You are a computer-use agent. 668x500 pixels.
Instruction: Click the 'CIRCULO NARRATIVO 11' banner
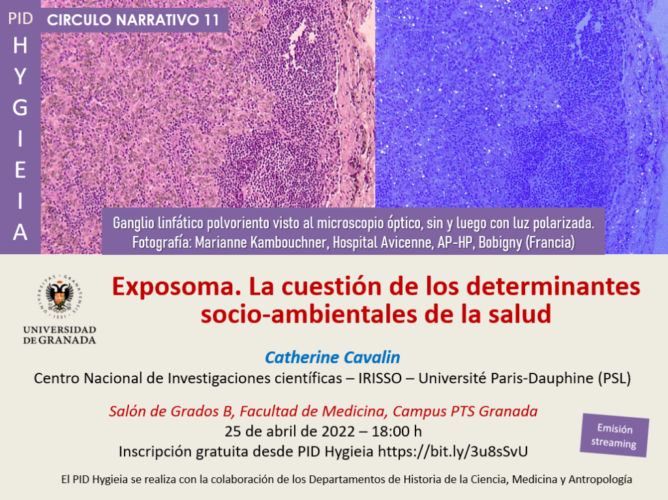tap(133, 20)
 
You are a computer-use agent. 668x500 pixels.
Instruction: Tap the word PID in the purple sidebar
tap(20, 19)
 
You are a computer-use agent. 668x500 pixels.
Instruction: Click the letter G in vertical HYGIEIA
tap(20, 108)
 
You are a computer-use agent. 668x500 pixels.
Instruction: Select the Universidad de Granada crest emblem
tap(59, 297)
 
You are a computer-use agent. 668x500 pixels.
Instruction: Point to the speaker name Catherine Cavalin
tap(332, 357)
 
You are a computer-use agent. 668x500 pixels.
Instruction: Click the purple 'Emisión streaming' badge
tap(614, 435)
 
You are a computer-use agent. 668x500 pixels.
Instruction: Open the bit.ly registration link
tap(453, 452)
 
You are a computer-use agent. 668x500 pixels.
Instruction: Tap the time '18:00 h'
tap(397, 432)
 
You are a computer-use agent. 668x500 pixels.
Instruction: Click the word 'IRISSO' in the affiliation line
tap(380, 378)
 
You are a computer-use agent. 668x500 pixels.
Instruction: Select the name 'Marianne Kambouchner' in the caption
tap(262, 243)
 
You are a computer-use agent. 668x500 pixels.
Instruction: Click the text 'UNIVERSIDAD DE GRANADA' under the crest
tap(59, 335)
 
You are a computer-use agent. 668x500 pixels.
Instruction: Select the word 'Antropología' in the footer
tap(600, 480)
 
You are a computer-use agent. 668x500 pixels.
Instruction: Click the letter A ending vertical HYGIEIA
tap(20, 233)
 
